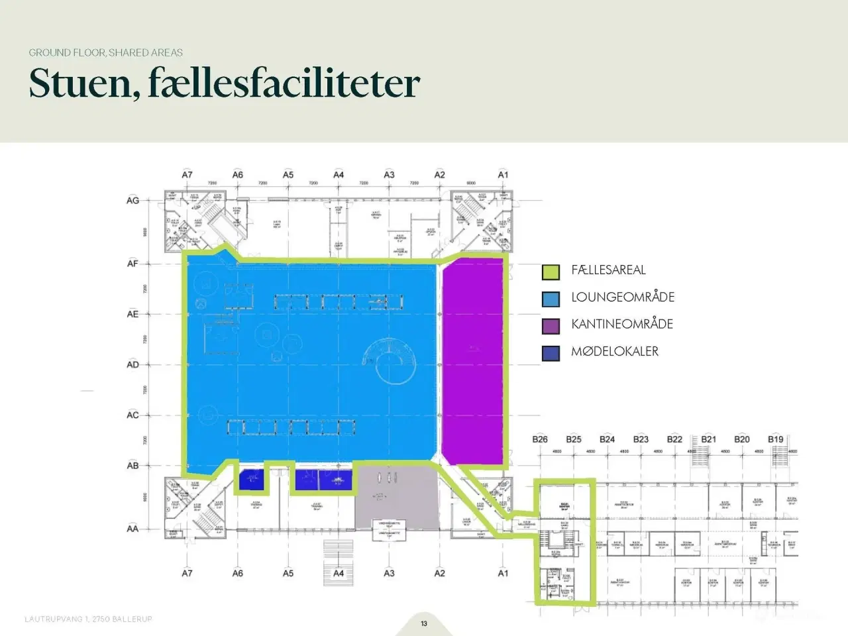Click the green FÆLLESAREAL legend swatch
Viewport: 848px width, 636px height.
click(551, 271)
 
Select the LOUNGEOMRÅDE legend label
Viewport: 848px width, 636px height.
click(623, 297)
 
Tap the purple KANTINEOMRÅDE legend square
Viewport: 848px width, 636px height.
click(551, 325)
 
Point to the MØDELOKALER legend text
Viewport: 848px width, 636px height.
click(615, 352)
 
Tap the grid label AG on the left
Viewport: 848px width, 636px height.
click(133, 200)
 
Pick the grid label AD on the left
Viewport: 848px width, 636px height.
click(133, 364)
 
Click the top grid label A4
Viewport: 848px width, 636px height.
click(339, 175)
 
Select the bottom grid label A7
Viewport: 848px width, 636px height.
click(187, 573)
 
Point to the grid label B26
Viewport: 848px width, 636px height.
click(540, 439)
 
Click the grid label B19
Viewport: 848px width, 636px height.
click(775, 439)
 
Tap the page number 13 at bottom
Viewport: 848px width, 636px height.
click(424, 623)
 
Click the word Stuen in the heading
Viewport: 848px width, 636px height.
click(80, 84)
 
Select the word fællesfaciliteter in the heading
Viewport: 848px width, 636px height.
click(284, 84)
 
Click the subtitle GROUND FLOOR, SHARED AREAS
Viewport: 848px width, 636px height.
click(105, 52)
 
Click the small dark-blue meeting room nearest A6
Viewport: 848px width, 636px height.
click(250, 478)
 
